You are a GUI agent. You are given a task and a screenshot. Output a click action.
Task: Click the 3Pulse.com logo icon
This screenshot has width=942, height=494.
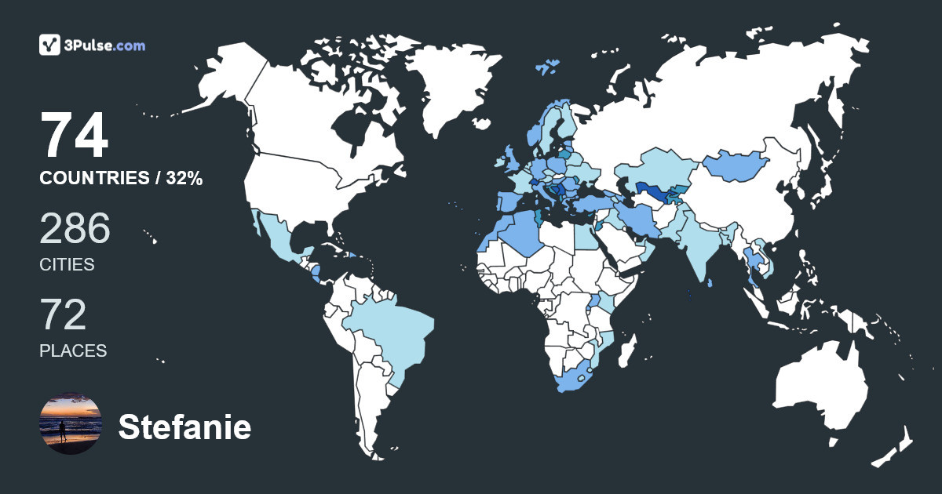pos(50,45)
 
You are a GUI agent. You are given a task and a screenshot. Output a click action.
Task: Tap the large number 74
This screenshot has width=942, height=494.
pos(75,136)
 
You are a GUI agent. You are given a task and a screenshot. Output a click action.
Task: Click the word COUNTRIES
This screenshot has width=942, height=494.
pos(93,179)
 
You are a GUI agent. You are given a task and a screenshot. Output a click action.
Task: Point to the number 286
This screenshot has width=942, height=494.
pos(75,230)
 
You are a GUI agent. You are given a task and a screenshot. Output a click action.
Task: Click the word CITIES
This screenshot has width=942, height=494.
pos(67,265)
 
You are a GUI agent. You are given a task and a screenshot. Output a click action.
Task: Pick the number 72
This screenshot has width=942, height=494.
pos(63,315)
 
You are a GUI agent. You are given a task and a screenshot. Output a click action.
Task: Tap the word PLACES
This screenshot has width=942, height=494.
pos(73,351)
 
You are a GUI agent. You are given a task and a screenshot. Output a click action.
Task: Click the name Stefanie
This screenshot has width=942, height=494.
pos(184,427)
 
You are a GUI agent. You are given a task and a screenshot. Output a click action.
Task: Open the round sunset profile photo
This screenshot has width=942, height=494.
pos(71,423)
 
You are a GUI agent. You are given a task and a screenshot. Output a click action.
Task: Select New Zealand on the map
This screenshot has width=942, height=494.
pos(895,447)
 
